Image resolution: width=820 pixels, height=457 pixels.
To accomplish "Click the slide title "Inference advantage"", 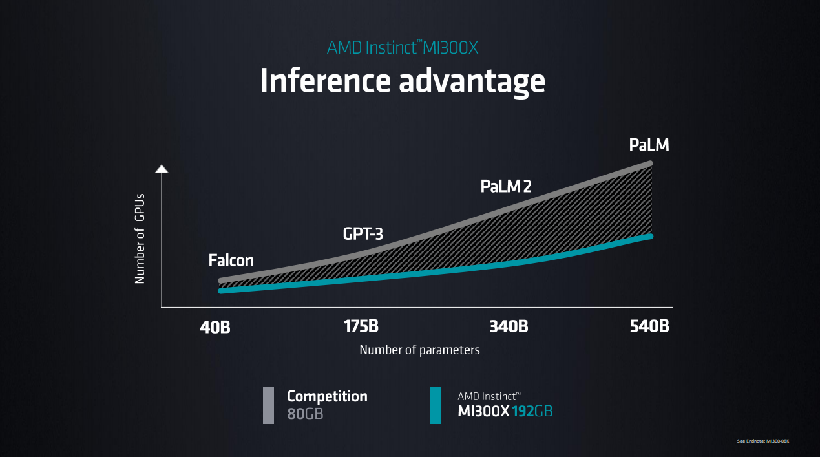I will (402, 81).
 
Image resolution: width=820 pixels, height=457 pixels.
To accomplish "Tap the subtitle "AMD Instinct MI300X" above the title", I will (402, 47).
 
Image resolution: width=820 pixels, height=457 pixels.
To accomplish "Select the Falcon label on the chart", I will (231, 261).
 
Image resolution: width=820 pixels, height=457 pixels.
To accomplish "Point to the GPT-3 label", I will (363, 234).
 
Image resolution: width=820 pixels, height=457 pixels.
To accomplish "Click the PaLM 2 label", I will (506, 187).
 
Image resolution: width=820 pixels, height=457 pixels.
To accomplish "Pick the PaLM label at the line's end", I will (649, 145).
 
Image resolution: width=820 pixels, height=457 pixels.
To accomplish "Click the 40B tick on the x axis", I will (215, 327).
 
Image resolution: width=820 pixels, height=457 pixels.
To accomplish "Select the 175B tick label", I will (361, 326).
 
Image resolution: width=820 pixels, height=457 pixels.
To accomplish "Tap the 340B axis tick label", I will (509, 326).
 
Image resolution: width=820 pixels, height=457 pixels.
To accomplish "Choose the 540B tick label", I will (649, 326).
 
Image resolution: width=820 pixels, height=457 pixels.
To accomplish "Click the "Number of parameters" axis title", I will (419, 350).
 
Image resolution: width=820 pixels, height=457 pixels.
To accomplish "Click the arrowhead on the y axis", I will (162, 169).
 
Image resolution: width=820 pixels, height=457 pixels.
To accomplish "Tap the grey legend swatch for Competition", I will (268, 405).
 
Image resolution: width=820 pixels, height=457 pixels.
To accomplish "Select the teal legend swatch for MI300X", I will (436, 405).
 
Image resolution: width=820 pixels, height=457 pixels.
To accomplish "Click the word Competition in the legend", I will (327, 396).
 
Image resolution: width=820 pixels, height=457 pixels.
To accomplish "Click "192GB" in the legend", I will (532, 412).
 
